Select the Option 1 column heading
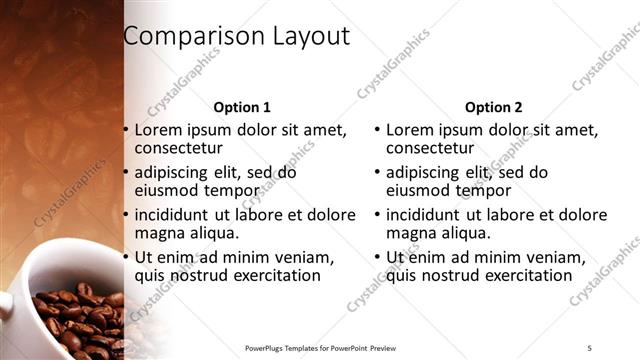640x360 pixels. (242, 107)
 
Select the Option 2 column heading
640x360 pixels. (493, 107)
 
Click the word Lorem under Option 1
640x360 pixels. (160, 130)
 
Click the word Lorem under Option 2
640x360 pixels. (411, 130)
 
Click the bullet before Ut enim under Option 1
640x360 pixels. (126, 257)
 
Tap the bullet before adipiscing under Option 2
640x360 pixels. (377, 173)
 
